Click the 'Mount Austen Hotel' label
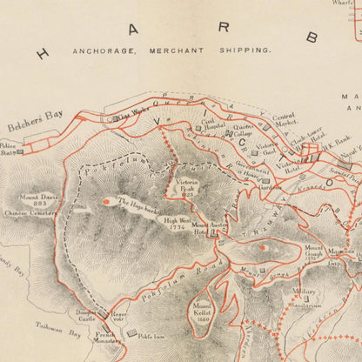[x=214, y=228]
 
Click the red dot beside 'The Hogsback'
[x=107, y=202]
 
